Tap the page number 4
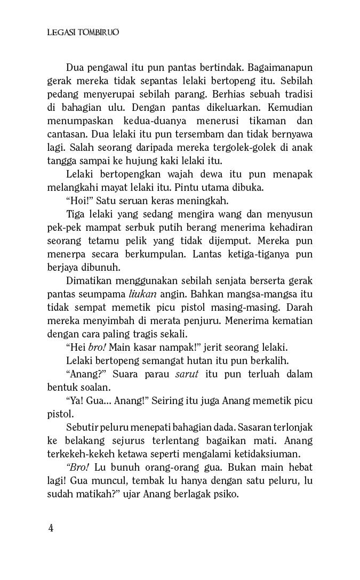[51, 528]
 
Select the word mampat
[98, 229]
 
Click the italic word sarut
[187, 373]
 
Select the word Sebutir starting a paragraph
[83, 428]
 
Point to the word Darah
[299, 308]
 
